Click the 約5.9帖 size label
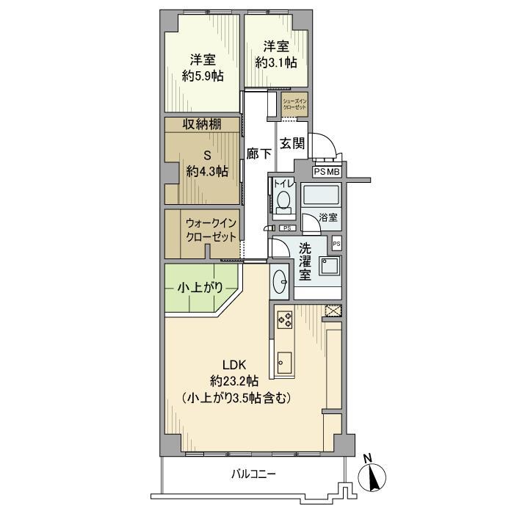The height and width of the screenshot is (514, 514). click(203, 76)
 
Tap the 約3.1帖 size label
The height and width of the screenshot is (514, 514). click(277, 62)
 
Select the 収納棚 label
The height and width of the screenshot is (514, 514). click(202, 124)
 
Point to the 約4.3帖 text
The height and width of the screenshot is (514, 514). click(206, 171)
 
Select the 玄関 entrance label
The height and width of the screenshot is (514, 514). click(293, 144)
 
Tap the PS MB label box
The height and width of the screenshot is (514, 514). click(327, 172)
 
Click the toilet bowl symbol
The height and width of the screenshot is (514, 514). click(284, 200)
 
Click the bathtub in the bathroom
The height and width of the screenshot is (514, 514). click(321, 196)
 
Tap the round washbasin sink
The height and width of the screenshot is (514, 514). click(281, 280)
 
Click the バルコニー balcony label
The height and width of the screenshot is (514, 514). click(251, 474)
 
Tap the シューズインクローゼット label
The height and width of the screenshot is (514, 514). click(294, 104)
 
